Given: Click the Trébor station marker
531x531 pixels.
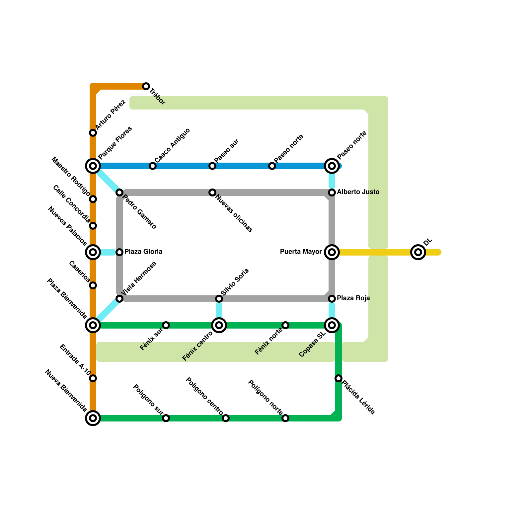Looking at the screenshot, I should click(146, 86).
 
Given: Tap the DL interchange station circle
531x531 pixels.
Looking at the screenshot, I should click(418, 252).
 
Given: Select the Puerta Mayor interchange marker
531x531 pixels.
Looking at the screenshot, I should click(332, 252).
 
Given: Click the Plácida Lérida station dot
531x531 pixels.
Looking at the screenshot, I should click(339, 378).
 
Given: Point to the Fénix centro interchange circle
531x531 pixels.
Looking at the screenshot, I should click(219, 325).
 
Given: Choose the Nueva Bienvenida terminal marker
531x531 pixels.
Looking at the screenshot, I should click(93, 418).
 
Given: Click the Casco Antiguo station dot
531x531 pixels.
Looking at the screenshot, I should click(153, 166).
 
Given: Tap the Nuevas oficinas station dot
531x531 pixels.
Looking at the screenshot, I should click(212, 192).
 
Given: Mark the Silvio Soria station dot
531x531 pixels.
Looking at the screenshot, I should click(219, 299).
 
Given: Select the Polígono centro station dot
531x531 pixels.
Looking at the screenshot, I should click(226, 418).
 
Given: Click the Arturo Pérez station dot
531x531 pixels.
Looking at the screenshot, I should click(93, 133).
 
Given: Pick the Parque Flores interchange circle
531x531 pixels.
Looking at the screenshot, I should click(93, 166).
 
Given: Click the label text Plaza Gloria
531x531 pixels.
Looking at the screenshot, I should click(143, 252).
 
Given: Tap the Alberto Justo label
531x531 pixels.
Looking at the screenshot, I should click(358, 192).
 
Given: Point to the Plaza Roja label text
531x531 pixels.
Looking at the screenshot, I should click(353, 298).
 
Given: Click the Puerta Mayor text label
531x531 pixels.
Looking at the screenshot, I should click(301, 252).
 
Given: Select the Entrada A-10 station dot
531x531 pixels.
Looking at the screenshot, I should click(93, 378).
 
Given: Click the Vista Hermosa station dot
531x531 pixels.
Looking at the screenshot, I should click(119, 299).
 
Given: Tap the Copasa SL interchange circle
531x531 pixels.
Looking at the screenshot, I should click(332, 325).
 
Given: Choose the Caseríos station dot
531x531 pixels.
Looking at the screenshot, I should click(93, 285).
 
